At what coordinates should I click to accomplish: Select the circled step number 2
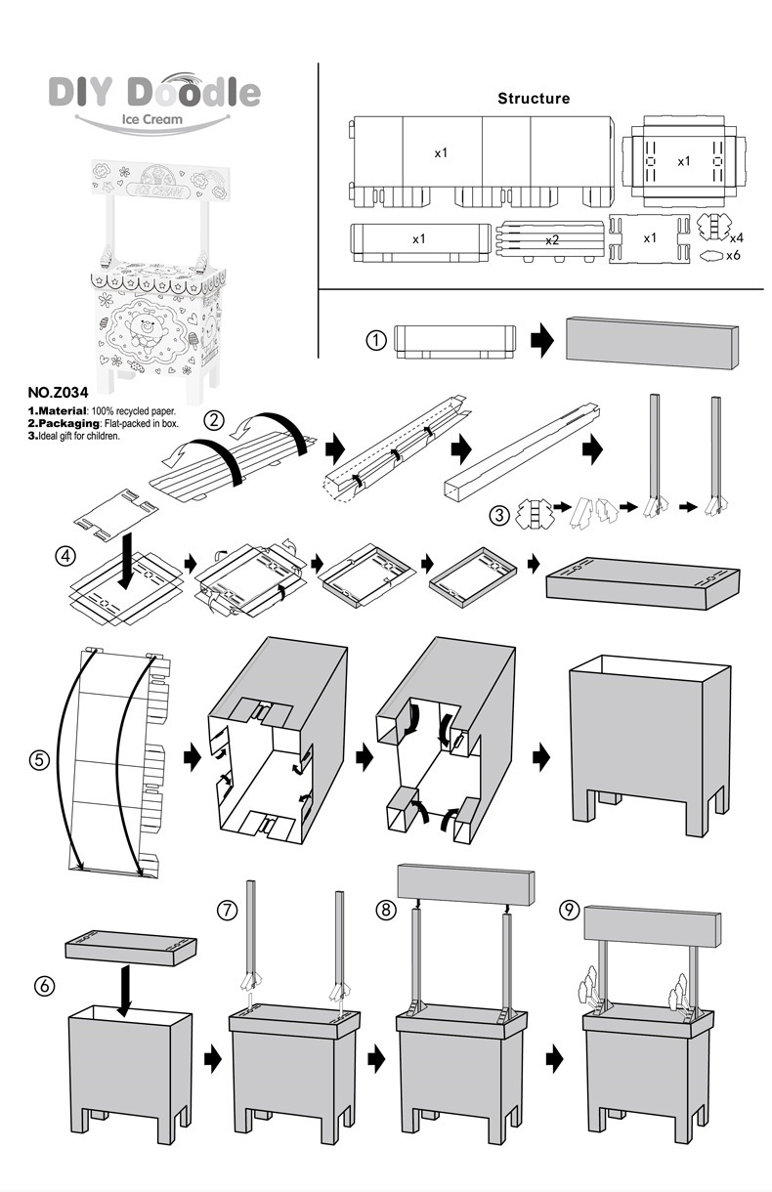(x=215, y=421)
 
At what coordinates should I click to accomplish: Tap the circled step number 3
(x=499, y=515)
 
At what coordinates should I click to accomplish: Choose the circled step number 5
(x=40, y=759)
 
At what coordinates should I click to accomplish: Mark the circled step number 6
(x=44, y=986)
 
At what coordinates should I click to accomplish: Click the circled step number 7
(x=227, y=910)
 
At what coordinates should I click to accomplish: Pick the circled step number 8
(x=387, y=910)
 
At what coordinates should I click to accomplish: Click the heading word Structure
(x=534, y=99)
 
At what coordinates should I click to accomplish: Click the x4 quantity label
(x=737, y=237)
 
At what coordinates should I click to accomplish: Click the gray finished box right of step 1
(x=652, y=342)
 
